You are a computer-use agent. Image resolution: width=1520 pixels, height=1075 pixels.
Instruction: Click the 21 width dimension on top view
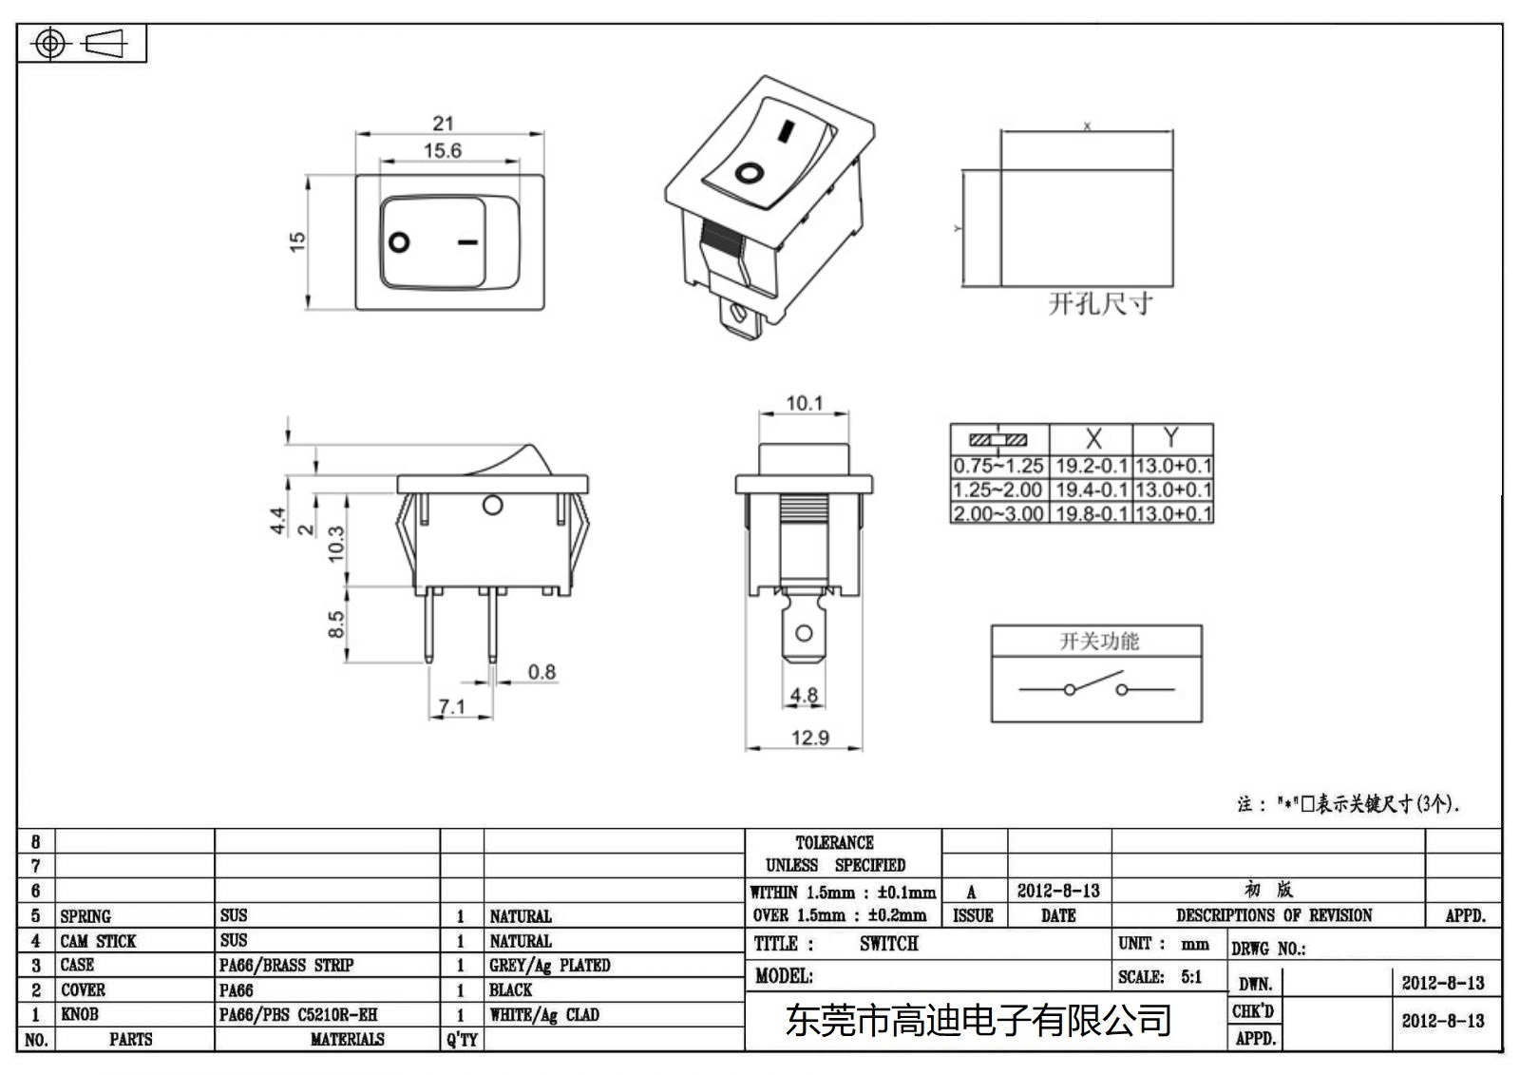click(x=443, y=123)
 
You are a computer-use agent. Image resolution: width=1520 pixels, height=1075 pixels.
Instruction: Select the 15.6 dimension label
click(x=443, y=150)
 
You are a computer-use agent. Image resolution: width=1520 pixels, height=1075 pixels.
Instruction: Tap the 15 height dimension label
click(x=298, y=241)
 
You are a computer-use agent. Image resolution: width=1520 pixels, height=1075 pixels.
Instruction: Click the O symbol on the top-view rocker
click(x=400, y=241)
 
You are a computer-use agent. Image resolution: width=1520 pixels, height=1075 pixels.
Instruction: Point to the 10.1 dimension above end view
click(x=804, y=403)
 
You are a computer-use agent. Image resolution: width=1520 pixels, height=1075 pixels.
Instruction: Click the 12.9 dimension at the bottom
click(x=809, y=738)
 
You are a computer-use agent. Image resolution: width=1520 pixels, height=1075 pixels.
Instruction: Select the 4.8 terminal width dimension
click(x=804, y=695)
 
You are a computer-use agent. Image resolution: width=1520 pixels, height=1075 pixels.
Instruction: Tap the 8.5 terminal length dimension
click(x=336, y=624)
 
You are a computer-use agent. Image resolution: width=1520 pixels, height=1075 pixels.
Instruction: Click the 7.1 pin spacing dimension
click(x=452, y=706)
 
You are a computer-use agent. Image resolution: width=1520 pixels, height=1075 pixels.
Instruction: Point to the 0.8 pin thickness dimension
click(x=541, y=672)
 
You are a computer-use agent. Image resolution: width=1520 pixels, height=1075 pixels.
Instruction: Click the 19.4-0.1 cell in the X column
click(x=1091, y=490)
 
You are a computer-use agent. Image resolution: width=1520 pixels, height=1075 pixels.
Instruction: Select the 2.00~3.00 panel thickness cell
click(x=998, y=513)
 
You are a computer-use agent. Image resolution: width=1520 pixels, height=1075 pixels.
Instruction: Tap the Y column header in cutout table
click(x=1171, y=437)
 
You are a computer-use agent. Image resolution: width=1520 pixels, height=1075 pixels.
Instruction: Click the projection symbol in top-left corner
click(x=81, y=44)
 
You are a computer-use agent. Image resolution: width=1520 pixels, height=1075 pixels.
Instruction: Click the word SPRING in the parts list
click(x=85, y=916)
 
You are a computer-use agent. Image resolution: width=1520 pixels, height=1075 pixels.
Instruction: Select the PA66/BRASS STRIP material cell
click(x=286, y=965)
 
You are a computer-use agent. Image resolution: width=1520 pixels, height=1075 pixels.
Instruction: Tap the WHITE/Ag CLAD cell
click(x=544, y=1014)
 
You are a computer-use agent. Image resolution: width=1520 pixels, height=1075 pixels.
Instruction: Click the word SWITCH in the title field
click(x=888, y=944)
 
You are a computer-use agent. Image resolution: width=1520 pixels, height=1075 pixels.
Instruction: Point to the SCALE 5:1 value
click(x=1190, y=976)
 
